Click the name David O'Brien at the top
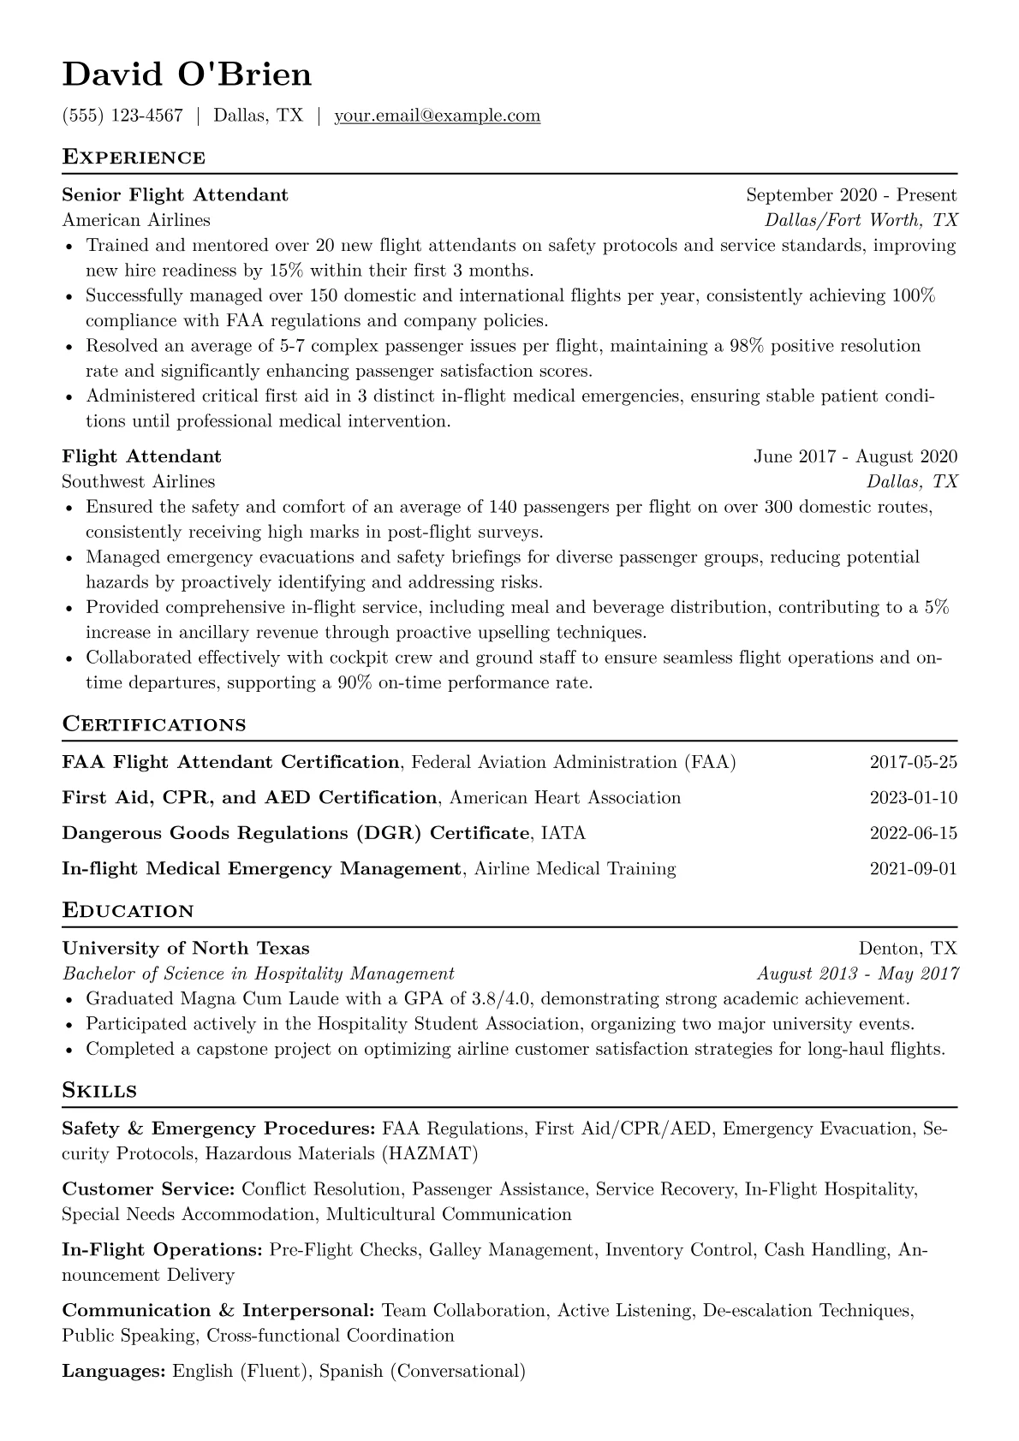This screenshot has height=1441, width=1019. click(x=187, y=75)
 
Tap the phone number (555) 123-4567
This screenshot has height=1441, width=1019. click(x=122, y=116)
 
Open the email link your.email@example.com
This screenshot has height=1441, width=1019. click(x=437, y=116)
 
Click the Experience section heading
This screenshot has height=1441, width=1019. click(x=134, y=158)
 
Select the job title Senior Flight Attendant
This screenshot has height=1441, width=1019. click(x=175, y=195)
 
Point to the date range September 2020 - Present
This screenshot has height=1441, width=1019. click(x=851, y=195)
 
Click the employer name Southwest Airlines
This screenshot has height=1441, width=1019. click(x=139, y=481)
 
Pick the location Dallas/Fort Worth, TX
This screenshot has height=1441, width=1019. click(x=861, y=220)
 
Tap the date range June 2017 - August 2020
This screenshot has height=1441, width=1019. click(x=855, y=456)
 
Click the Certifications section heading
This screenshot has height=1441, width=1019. click(x=154, y=724)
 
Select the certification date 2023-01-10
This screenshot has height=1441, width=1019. click(x=913, y=798)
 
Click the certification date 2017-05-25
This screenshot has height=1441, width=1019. click(x=913, y=762)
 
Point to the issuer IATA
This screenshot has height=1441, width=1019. click(x=563, y=833)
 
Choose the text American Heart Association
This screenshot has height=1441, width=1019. click(x=565, y=798)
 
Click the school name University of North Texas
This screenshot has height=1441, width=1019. click(x=186, y=949)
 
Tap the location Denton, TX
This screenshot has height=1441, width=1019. click(x=908, y=949)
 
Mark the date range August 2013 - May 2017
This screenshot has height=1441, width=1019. click(x=857, y=974)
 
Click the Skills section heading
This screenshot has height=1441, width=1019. click(x=99, y=1091)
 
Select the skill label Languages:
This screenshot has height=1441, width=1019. click(x=114, y=1371)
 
